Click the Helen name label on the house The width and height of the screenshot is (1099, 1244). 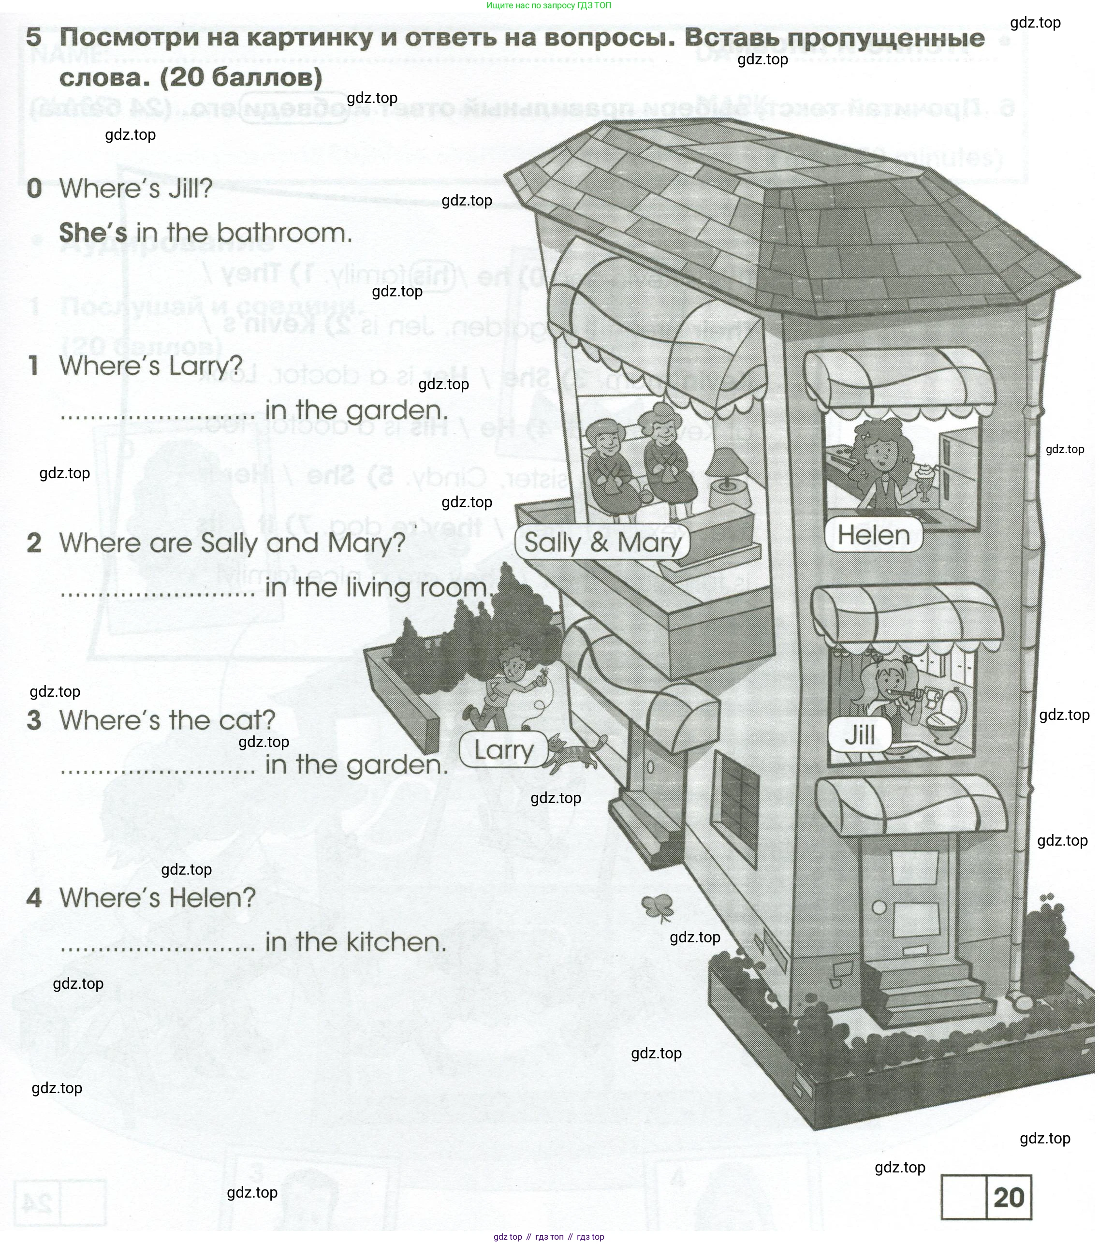(x=873, y=536)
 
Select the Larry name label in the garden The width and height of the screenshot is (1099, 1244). (x=503, y=750)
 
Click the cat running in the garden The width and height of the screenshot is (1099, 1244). (x=572, y=753)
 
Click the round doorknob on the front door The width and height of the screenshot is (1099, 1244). (x=879, y=907)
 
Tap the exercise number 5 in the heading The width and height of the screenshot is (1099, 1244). (x=34, y=38)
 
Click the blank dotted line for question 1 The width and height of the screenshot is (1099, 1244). (x=158, y=415)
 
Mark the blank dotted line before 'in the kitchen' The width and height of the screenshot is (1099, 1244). (x=158, y=947)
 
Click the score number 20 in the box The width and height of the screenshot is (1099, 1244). (x=1008, y=1197)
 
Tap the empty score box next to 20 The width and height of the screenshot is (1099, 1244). (x=963, y=1197)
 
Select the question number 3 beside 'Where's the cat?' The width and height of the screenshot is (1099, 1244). (x=34, y=720)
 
